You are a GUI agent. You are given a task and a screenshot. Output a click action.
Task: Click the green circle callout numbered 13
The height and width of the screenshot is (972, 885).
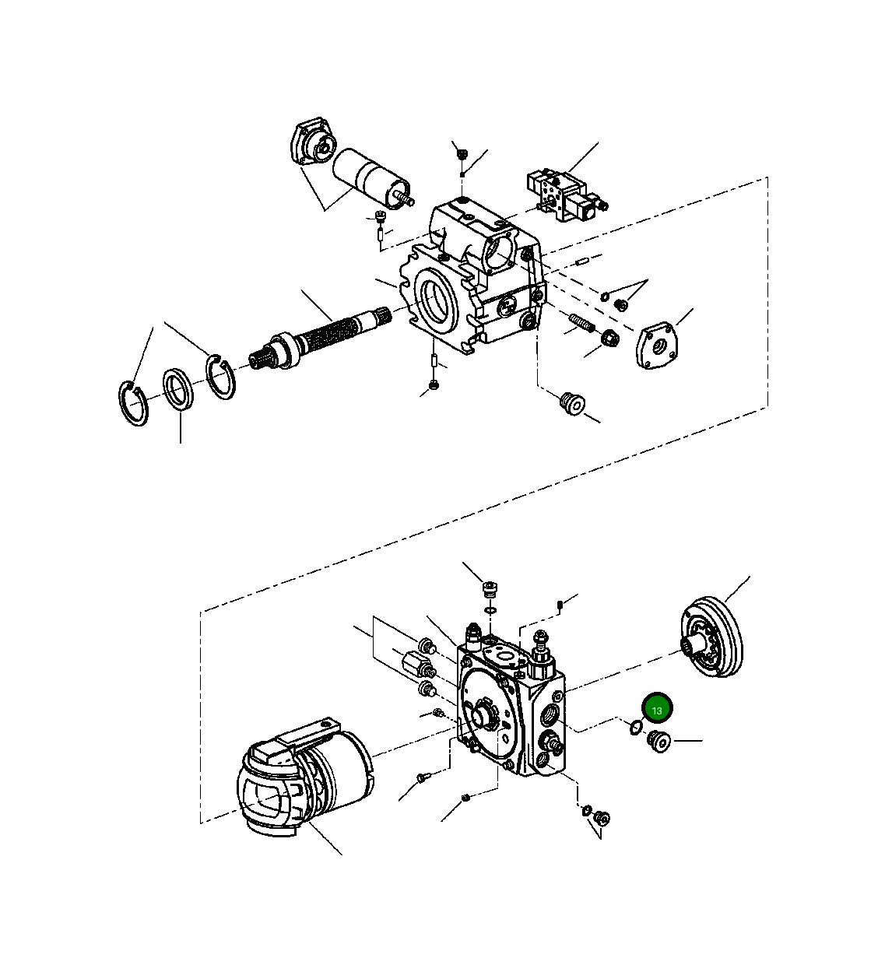(656, 710)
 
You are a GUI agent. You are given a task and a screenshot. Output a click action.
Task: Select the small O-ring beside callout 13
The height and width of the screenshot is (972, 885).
(635, 728)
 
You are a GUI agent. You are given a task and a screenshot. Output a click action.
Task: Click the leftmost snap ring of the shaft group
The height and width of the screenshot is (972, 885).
(135, 402)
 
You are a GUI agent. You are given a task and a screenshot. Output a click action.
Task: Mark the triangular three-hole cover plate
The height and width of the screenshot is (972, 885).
(658, 345)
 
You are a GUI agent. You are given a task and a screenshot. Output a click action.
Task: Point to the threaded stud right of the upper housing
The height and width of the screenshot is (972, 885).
(582, 322)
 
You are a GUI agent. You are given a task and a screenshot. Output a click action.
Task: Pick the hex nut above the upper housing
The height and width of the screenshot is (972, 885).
(461, 154)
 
